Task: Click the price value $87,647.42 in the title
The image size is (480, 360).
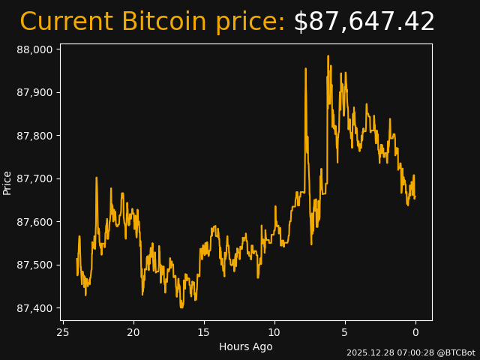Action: (x=364, y=22)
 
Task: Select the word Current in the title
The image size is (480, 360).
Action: (x=67, y=22)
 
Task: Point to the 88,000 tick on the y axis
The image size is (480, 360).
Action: (x=35, y=49)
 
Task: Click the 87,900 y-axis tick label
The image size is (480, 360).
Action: (x=35, y=93)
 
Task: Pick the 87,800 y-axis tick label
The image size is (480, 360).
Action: (x=35, y=136)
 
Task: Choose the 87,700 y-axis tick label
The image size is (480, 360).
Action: (x=35, y=179)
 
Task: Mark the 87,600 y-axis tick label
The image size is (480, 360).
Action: (x=35, y=222)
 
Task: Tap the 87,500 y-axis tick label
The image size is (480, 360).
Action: (x=35, y=265)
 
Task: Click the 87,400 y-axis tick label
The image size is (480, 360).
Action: (x=35, y=308)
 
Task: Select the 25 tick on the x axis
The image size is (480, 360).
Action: (x=63, y=332)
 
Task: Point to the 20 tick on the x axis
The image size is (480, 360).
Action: (x=133, y=332)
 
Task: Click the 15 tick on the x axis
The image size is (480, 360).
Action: (x=204, y=332)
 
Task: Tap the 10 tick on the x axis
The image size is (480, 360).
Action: (x=274, y=332)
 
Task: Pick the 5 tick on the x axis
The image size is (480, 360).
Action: (x=345, y=332)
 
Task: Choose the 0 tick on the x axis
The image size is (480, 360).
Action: (x=415, y=332)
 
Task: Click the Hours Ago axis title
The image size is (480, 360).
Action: (x=245, y=346)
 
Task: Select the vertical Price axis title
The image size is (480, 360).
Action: (x=7, y=182)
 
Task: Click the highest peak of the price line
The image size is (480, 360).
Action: (x=328, y=55)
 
